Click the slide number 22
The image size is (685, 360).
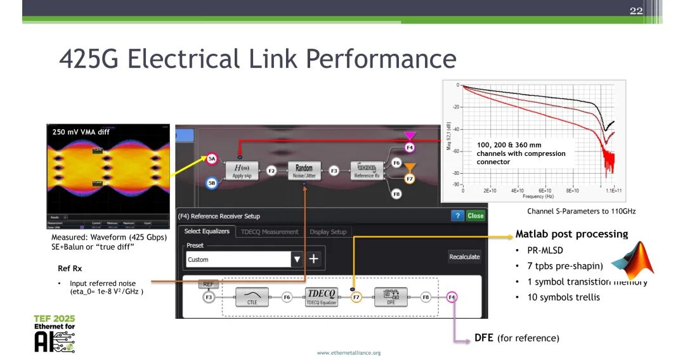tap(636, 11)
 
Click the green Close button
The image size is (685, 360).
tap(475, 215)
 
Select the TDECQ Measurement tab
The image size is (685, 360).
tap(270, 232)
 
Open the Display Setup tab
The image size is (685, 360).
tap(328, 232)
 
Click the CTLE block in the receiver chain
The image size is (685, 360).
tap(252, 296)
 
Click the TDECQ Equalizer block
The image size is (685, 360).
tap(322, 296)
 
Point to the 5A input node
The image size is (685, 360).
tap(212, 160)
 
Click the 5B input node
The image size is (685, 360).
tap(212, 184)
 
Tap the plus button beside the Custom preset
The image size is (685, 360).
tap(313, 259)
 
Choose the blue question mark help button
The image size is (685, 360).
tap(457, 215)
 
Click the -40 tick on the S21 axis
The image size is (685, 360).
tap(456, 129)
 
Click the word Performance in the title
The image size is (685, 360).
tap(381, 59)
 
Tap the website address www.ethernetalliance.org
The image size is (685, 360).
tap(349, 352)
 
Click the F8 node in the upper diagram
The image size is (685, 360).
tap(396, 195)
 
